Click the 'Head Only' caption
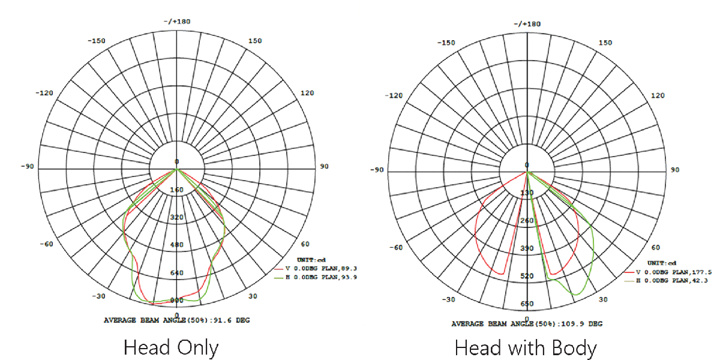coord(171,348)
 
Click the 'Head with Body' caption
coord(526,349)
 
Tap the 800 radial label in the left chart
coord(177,300)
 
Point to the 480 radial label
coord(177,245)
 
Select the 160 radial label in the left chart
coord(177,190)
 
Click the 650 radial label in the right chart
coord(527,304)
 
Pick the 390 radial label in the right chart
coord(527,248)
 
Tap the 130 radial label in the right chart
coord(527,193)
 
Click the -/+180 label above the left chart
coord(177,22)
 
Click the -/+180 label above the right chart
coord(527,24)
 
